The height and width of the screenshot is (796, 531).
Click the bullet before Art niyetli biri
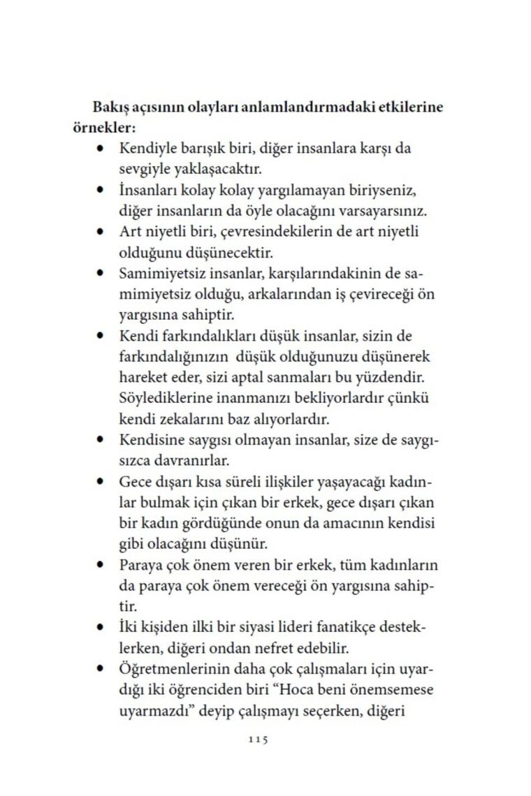[x=101, y=231]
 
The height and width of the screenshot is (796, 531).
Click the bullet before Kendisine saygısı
[x=101, y=441]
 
